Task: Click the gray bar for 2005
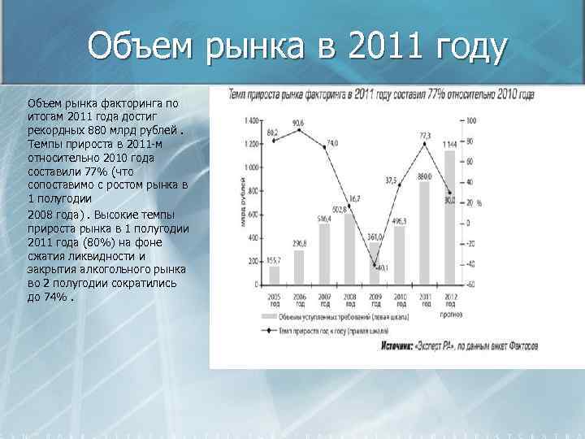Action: (274, 275)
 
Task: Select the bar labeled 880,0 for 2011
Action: (423, 233)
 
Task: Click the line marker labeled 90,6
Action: (299, 129)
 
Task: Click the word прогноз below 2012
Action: (448, 305)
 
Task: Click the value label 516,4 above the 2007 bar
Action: (324, 219)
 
